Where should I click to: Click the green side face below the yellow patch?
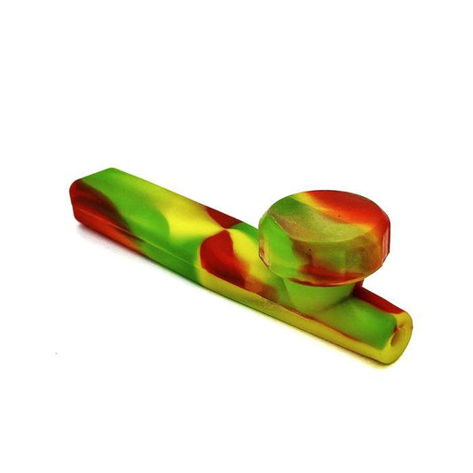tap(160, 240)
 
